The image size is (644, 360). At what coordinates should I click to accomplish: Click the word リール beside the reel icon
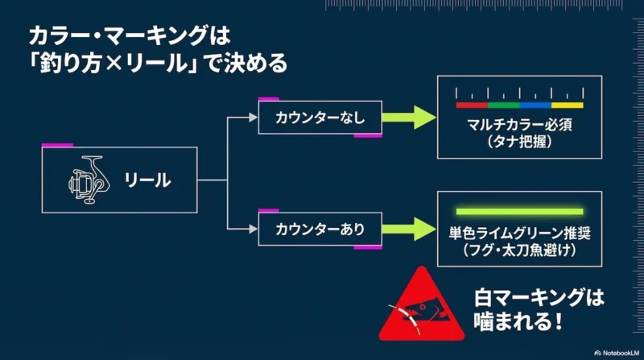[147, 180]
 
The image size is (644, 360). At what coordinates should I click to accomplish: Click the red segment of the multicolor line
[472, 105]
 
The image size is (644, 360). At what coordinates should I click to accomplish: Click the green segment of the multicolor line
[504, 105]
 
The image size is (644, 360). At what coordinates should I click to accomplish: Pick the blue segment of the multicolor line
[535, 105]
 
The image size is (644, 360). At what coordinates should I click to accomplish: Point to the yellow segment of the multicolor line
[567, 105]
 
